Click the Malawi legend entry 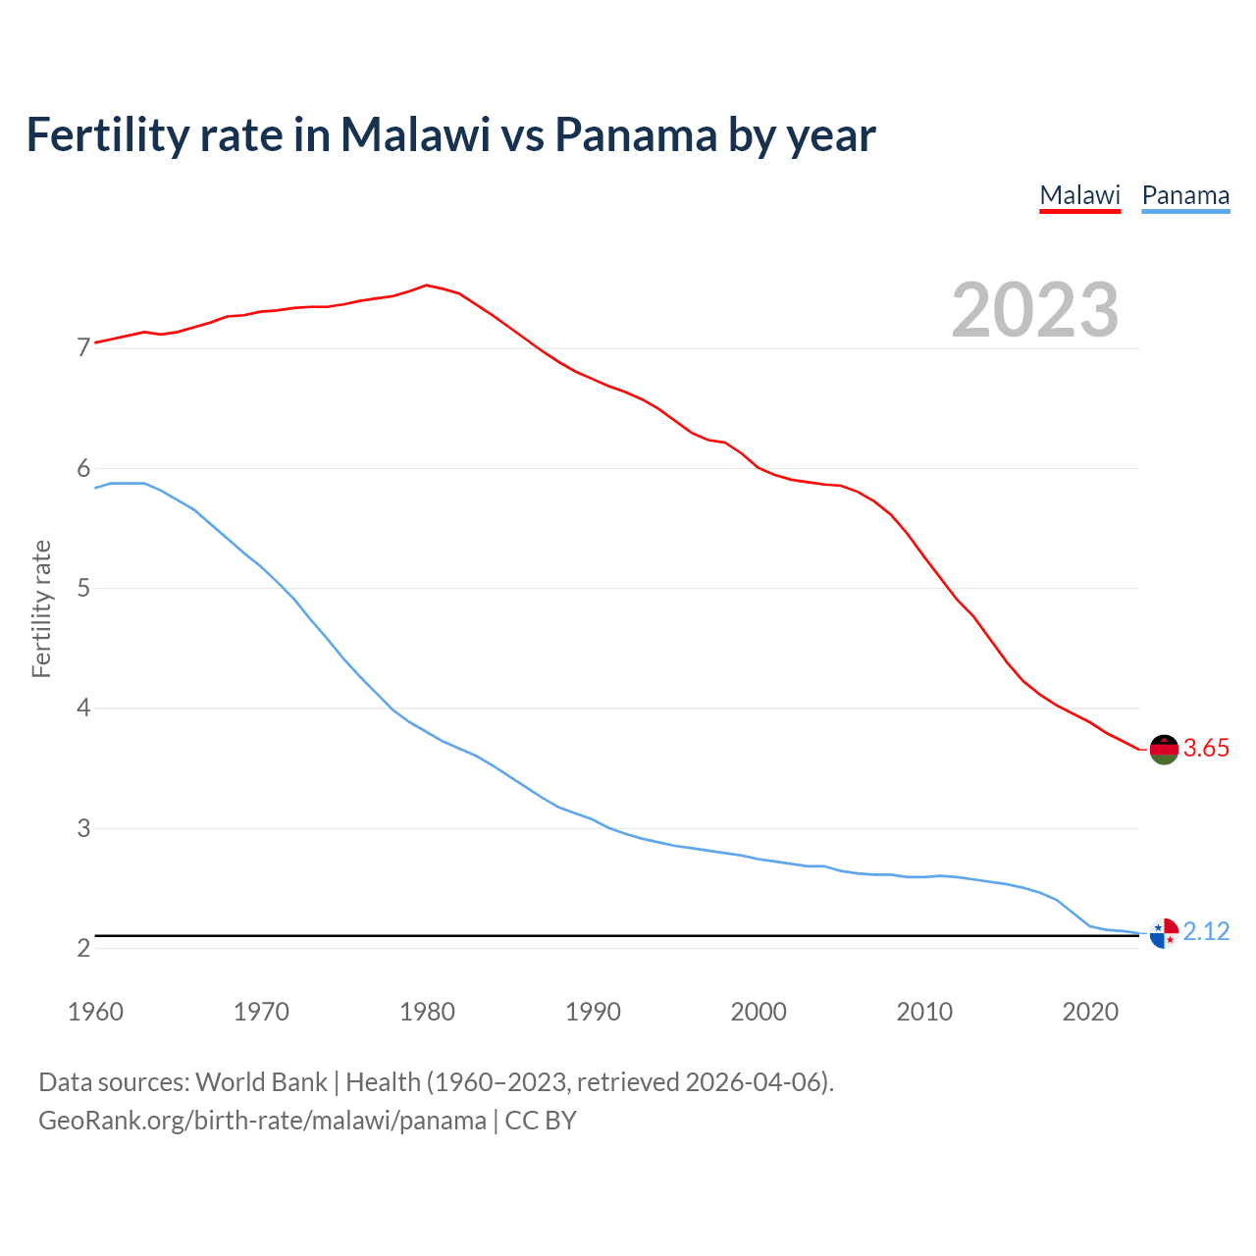[x=1079, y=195]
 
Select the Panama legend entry [x=1185, y=195]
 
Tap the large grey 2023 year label [x=1035, y=310]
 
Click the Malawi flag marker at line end [x=1163, y=749]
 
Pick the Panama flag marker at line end [x=1163, y=933]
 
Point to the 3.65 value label [x=1206, y=749]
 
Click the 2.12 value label [x=1206, y=932]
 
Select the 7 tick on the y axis [x=83, y=348]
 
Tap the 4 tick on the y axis [x=83, y=708]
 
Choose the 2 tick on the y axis [x=83, y=949]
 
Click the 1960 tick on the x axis [x=95, y=1012]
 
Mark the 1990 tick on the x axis [x=593, y=1012]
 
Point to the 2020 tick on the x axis [x=1090, y=1012]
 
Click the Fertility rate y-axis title [x=41, y=608]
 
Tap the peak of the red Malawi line [x=426, y=286]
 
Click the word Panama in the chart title [x=635, y=135]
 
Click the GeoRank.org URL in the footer [x=262, y=1121]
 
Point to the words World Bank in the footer [x=261, y=1082]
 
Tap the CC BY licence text [x=541, y=1121]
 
